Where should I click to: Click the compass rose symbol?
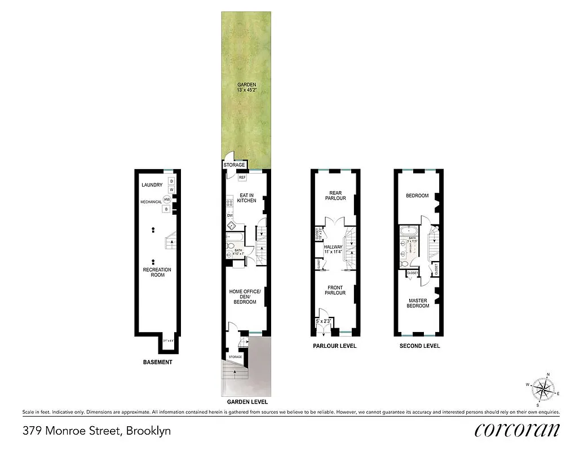tap(544, 388)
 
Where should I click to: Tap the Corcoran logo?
tap(517, 430)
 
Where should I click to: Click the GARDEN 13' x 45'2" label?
tap(246, 88)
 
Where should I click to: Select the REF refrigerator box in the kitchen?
tap(242, 178)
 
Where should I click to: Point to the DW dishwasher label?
tap(229, 215)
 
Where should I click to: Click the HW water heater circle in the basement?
tap(167, 199)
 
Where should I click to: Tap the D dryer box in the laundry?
tap(172, 181)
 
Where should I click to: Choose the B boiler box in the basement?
tap(166, 209)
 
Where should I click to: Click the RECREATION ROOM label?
tap(157, 272)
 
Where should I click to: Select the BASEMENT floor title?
tap(157, 362)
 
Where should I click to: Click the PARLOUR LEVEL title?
tap(335, 346)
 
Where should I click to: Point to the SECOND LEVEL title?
tap(419, 346)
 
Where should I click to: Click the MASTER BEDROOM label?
tap(418, 303)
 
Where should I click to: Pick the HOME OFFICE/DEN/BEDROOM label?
tap(245, 297)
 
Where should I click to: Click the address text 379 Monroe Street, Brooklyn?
tap(96, 431)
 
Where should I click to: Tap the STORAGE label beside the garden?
tap(234, 165)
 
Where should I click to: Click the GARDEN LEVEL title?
tap(247, 403)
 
